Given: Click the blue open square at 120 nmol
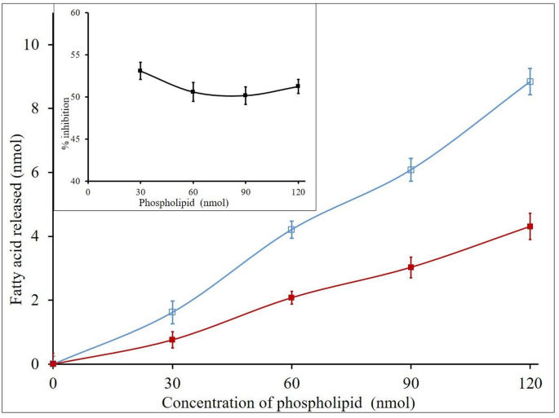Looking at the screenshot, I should pos(530,81).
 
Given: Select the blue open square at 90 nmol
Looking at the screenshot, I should pos(410,169).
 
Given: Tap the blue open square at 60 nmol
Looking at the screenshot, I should pos(291,230).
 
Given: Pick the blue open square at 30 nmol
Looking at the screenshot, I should pos(172,312).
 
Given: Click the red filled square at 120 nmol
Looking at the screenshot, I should pos(530,227).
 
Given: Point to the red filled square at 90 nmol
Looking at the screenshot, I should pos(410,267).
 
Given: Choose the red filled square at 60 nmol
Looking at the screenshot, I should pos(291,297).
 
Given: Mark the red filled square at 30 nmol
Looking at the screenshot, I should pos(172,340).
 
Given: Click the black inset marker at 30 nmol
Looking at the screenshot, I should pos(140,71).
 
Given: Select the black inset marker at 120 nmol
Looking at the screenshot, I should pos(299,86).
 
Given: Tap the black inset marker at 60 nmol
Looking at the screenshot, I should pos(193,91).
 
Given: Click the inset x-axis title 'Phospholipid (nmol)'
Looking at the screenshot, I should pos(184,202).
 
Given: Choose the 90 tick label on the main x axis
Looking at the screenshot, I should pos(410,381).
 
